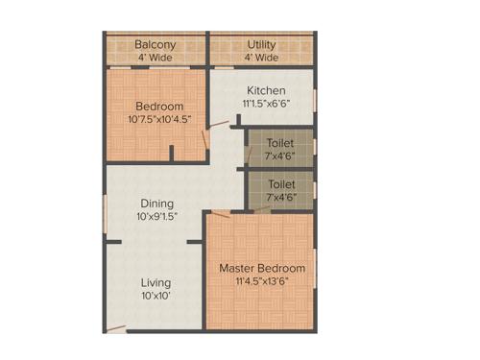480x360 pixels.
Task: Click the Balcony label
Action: [155, 44]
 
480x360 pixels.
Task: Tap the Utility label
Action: [261, 44]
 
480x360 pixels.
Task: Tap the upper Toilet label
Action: [281, 140]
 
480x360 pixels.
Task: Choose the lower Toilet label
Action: [281, 183]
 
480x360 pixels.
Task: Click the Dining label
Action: [156, 203]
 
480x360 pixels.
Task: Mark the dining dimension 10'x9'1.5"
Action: [156, 216]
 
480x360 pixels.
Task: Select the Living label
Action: [156, 282]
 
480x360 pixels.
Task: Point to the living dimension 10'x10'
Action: [156, 296]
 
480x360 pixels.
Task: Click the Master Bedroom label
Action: [262, 267]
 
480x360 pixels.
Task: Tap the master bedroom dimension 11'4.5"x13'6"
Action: [262, 281]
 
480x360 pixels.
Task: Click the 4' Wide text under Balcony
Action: [155, 58]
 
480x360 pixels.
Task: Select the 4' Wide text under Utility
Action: [261, 58]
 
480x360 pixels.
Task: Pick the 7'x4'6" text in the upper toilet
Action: [281, 155]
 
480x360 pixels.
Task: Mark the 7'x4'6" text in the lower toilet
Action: [281, 198]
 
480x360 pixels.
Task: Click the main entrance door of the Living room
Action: [116, 328]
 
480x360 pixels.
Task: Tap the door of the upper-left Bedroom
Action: [205, 137]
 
